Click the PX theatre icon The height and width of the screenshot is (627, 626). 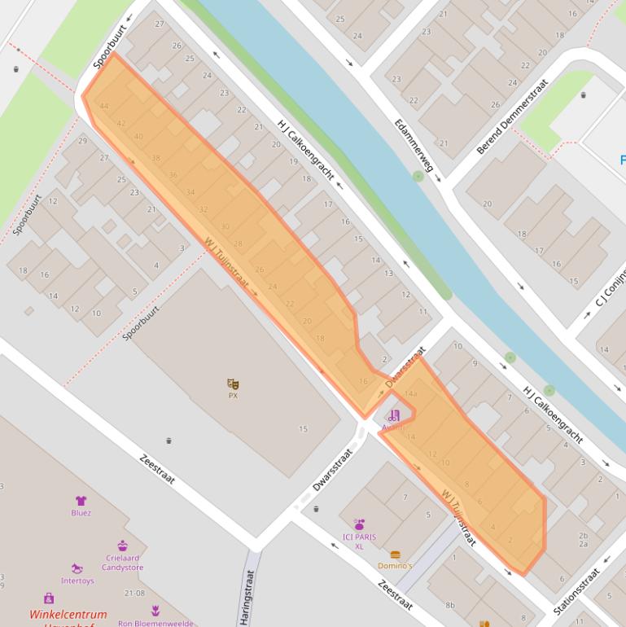[233, 384]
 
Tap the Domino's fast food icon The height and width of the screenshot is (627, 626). [395, 555]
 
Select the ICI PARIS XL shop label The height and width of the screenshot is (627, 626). [359, 541]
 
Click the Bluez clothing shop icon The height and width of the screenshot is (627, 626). [81, 501]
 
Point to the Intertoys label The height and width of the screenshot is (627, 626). [77, 581]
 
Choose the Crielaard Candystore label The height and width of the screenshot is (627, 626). [124, 563]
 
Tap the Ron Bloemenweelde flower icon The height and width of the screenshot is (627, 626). [155, 610]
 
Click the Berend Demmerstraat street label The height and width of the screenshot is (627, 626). [513, 116]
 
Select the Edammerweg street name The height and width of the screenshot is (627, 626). [414, 146]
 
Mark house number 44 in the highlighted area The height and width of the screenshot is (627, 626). [103, 107]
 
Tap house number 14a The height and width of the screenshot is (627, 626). [410, 394]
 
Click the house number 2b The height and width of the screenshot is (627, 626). [583, 535]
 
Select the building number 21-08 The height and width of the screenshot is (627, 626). [134, 594]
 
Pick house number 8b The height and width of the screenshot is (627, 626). [449, 604]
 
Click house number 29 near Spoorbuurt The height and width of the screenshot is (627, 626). [82, 141]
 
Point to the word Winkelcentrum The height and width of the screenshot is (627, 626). [68, 615]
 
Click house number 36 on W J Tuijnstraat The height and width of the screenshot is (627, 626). [173, 175]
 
